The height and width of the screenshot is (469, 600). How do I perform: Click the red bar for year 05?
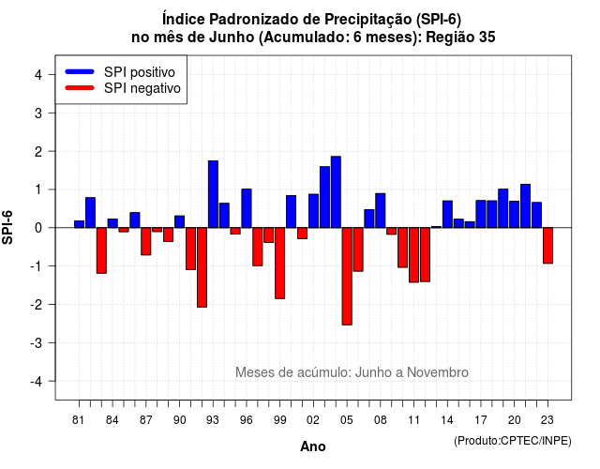pyautogui.click(x=347, y=276)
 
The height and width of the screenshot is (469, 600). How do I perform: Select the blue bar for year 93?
pyautogui.click(x=213, y=194)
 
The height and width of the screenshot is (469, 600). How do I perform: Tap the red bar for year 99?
pyautogui.click(x=280, y=263)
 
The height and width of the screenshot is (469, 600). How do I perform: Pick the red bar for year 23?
pyautogui.click(x=547, y=246)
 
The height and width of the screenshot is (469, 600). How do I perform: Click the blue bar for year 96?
pyautogui.click(x=247, y=208)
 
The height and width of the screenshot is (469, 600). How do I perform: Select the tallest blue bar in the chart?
pyautogui.click(x=336, y=191)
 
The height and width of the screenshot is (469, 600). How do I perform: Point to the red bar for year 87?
pyautogui.click(x=146, y=241)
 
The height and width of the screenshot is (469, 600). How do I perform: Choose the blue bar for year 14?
pyautogui.click(x=447, y=214)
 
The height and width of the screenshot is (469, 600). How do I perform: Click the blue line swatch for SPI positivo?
pyautogui.click(x=80, y=71)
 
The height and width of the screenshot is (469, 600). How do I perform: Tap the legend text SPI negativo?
pyautogui.click(x=142, y=88)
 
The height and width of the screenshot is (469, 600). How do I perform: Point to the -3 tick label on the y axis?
pyautogui.click(x=37, y=342)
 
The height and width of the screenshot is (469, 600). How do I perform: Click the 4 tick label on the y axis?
pyautogui.click(x=38, y=75)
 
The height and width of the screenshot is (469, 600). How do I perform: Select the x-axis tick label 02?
pyautogui.click(x=312, y=420)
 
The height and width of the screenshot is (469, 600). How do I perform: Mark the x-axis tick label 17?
pyautogui.click(x=481, y=420)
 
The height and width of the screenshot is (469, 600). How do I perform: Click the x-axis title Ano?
pyautogui.click(x=312, y=446)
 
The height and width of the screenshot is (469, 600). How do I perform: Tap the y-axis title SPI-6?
pyautogui.click(x=7, y=227)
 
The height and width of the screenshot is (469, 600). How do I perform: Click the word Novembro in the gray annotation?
pyautogui.click(x=438, y=372)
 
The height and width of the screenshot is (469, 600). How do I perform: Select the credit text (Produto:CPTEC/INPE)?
pyautogui.click(x=513, y=441)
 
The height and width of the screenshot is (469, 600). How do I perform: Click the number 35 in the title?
pyautogui.click(x=487, y=38)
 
